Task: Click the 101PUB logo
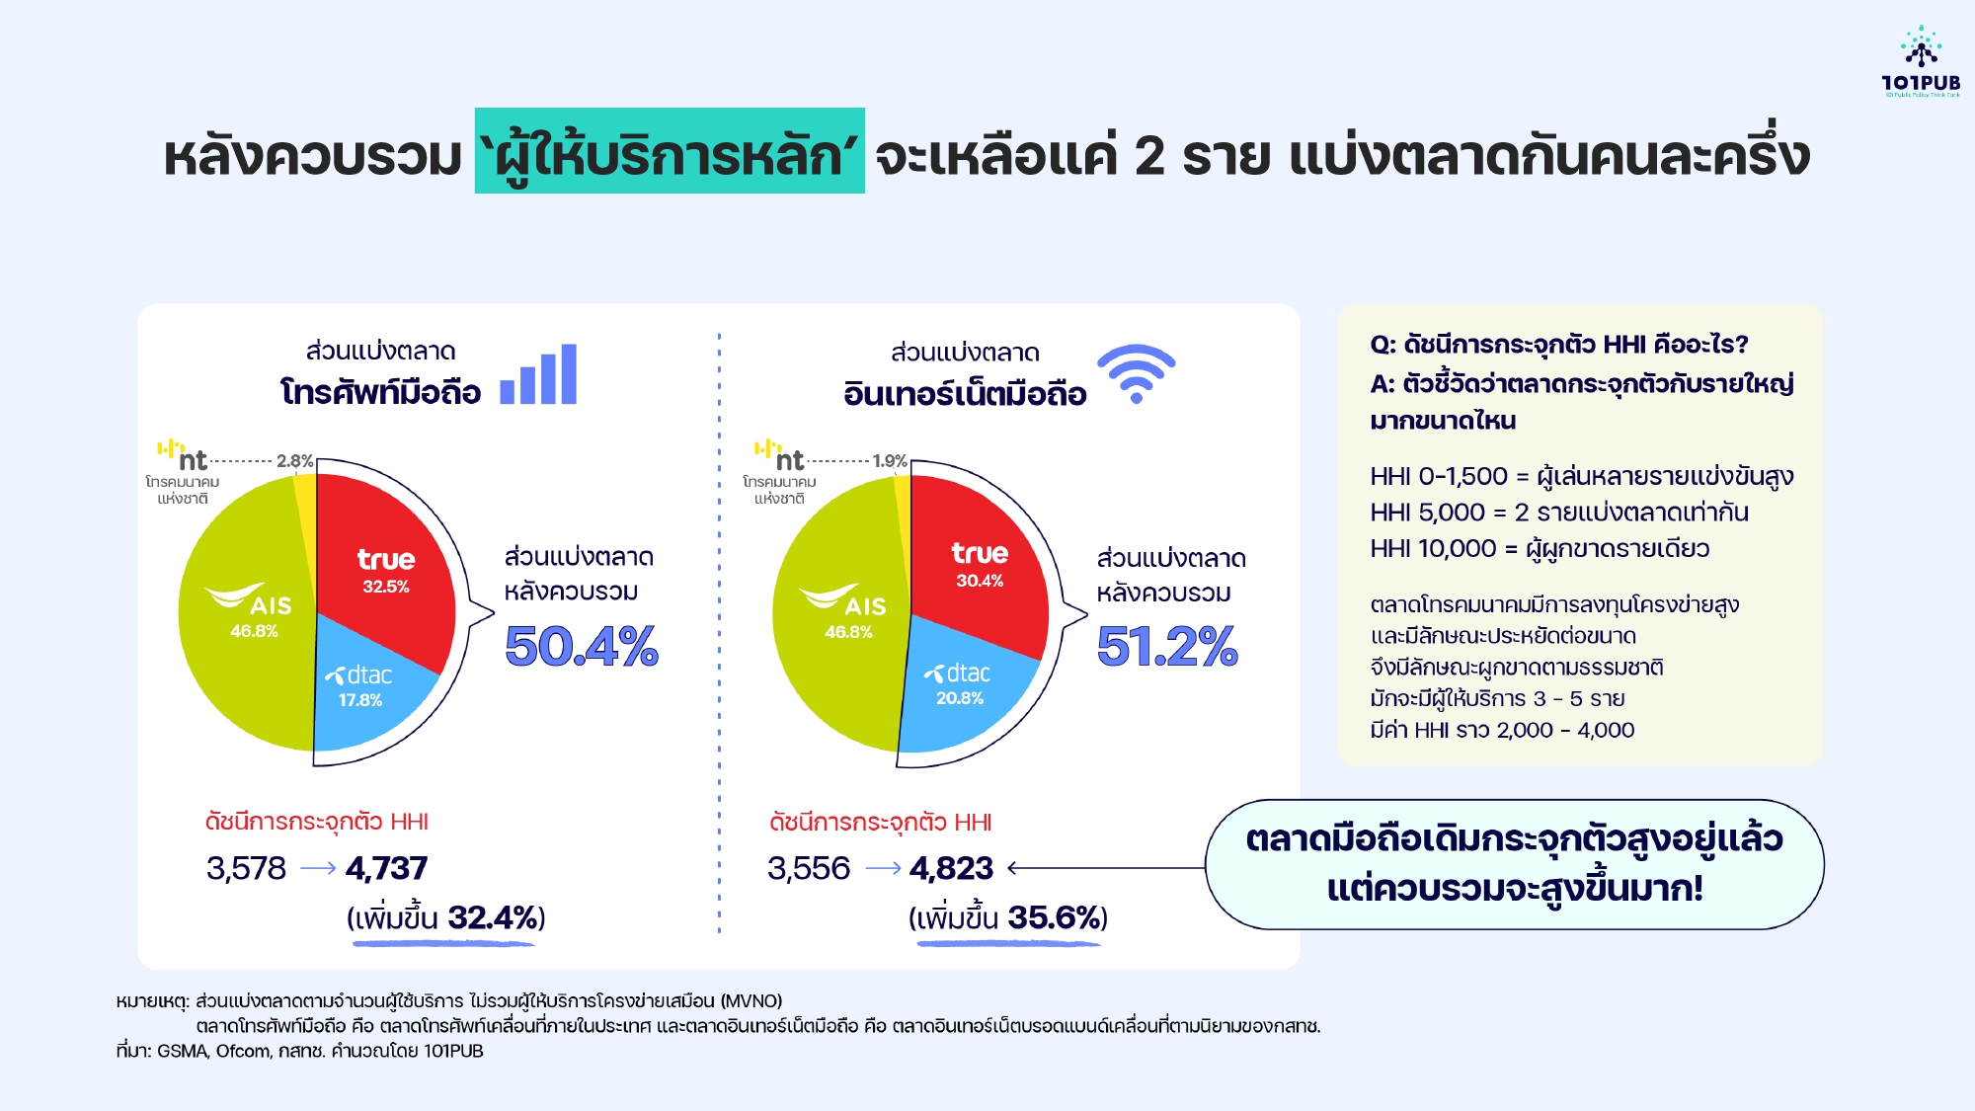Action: coord(1921,61)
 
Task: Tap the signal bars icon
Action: coord(538,374)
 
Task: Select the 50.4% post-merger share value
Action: coord(582,647)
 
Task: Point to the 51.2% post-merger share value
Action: coord(1167,647)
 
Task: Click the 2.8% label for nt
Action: coord(294,461)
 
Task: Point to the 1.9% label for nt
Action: coord(890,461)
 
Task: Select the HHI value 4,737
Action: coord(387,868)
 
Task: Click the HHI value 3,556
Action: coord(809,868)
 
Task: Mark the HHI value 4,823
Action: coord(951,868)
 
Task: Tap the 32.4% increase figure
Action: coord(491,917)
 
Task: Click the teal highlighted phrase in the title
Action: coord(670,151)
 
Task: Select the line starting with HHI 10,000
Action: coord(1540,549)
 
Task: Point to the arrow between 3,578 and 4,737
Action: coord(318,868)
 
